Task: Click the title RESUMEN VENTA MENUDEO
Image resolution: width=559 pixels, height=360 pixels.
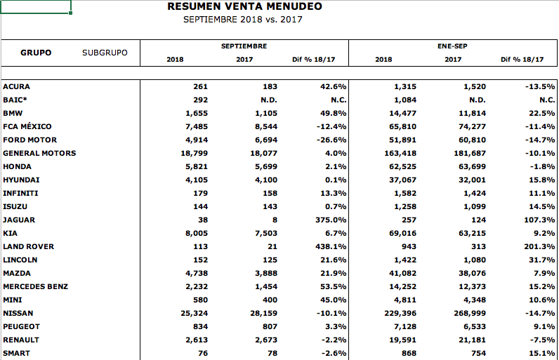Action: coord(244,6)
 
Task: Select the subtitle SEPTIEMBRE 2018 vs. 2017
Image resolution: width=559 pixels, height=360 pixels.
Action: coord(242,20)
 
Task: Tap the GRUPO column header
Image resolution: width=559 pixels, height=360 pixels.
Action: coord(36,53)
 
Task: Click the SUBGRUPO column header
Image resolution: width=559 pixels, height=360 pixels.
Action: coord(105,53)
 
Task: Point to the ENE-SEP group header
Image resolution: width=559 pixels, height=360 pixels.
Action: coord(452,46)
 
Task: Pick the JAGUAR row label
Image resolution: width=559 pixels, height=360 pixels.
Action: coord(19,220)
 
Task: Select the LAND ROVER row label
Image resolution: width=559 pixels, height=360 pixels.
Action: coord(29,247)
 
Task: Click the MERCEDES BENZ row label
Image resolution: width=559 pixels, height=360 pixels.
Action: coord(35,286)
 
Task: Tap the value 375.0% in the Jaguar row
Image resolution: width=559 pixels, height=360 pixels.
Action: coord(331,220)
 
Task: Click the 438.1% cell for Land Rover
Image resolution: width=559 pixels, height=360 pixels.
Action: coord(331,247)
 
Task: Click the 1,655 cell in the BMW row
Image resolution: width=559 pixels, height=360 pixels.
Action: coord(197,114)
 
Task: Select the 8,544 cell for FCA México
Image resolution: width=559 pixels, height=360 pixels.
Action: coord(266,127)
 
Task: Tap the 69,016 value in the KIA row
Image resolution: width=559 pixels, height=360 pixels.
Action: coord(402,234)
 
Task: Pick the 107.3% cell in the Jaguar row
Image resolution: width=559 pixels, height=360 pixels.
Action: coord(539,220)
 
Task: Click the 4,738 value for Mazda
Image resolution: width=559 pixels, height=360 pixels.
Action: coord(197,274)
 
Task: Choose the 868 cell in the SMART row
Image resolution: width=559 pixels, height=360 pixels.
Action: coord(409,354)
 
